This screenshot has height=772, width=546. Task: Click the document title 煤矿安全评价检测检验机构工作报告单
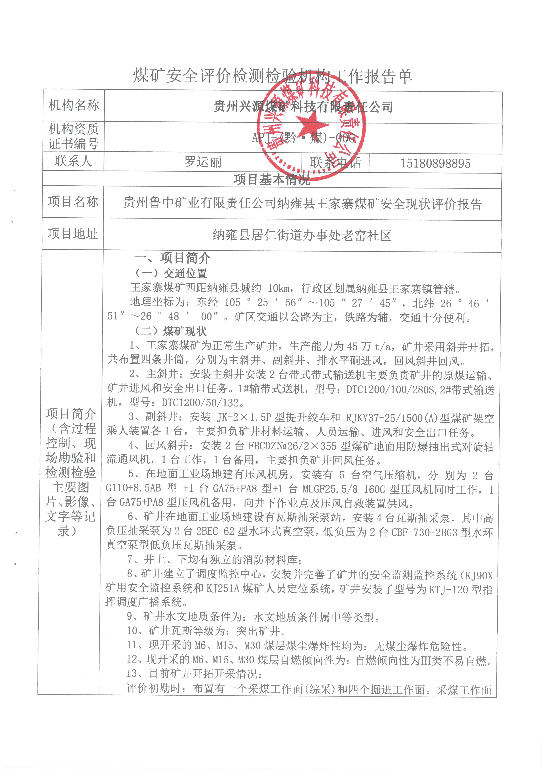pyautogui.click(x=272, y=76)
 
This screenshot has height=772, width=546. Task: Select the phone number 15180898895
pyautogui.click(x=435, y=164)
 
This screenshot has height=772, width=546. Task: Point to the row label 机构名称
pyautogui.click(x=74, y=105)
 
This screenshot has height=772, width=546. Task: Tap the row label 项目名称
pyautogui.click(x=73, y=202)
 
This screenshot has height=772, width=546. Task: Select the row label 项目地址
pyautogui.click(x=73, y=234)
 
